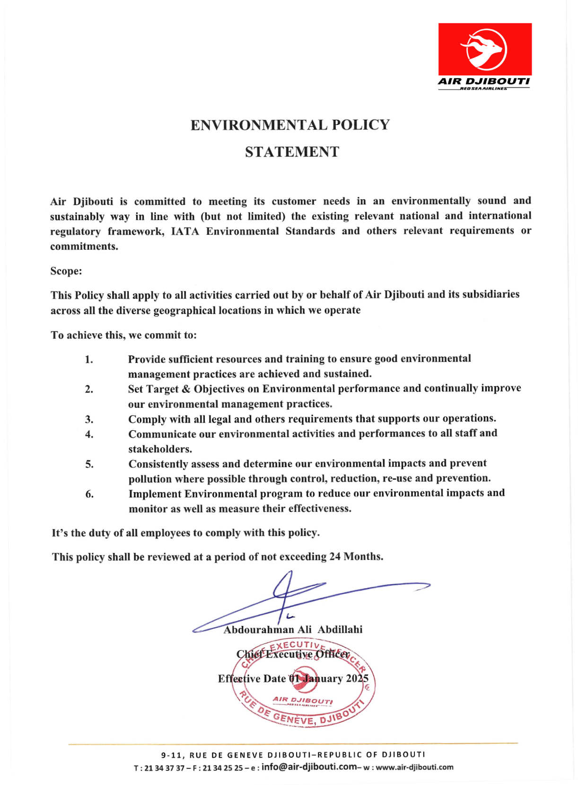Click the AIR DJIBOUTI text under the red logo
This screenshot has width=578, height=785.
tap(483, 81)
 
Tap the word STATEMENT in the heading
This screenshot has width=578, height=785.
tap(292, 152)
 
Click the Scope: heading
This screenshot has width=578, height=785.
tap(66, 271)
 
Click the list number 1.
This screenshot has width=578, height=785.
tap(89, 360)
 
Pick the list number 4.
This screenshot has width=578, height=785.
tap(89, 434)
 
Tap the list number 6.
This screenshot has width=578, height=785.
tap(89, 494)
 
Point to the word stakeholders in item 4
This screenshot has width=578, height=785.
tap(160, 449)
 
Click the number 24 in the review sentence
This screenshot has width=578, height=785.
tap(335, 556)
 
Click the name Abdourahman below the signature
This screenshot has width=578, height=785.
tap(258, 630)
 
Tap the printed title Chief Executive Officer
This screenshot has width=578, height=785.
tap(293, 654)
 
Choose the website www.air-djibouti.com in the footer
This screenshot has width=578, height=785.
tap(414, 767)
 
